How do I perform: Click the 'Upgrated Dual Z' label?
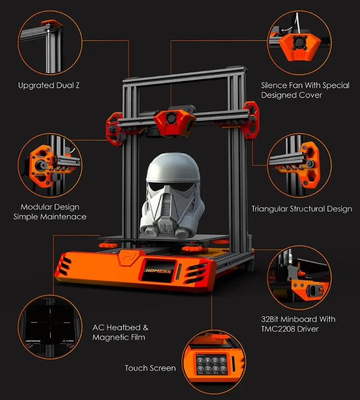pyautogui.click(x=49, y=86)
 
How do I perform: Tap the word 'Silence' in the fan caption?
pyautogui.click(x=274, y=85)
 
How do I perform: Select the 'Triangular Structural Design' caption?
pyautogui.click(x=302, y=209)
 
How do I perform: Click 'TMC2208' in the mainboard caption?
pyautogui.click(x=277, y=329)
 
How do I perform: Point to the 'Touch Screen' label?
pyautogui.click(x=150, y=368)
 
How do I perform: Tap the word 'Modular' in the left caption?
pyautogui.click(x=35, y=207)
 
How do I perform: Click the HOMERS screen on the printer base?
pyautogui.click(x=159, y=271)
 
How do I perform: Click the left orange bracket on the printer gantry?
pyautogui.click(x=115, y=129)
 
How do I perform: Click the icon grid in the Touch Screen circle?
pyautogui.click(x=211, y=364)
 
